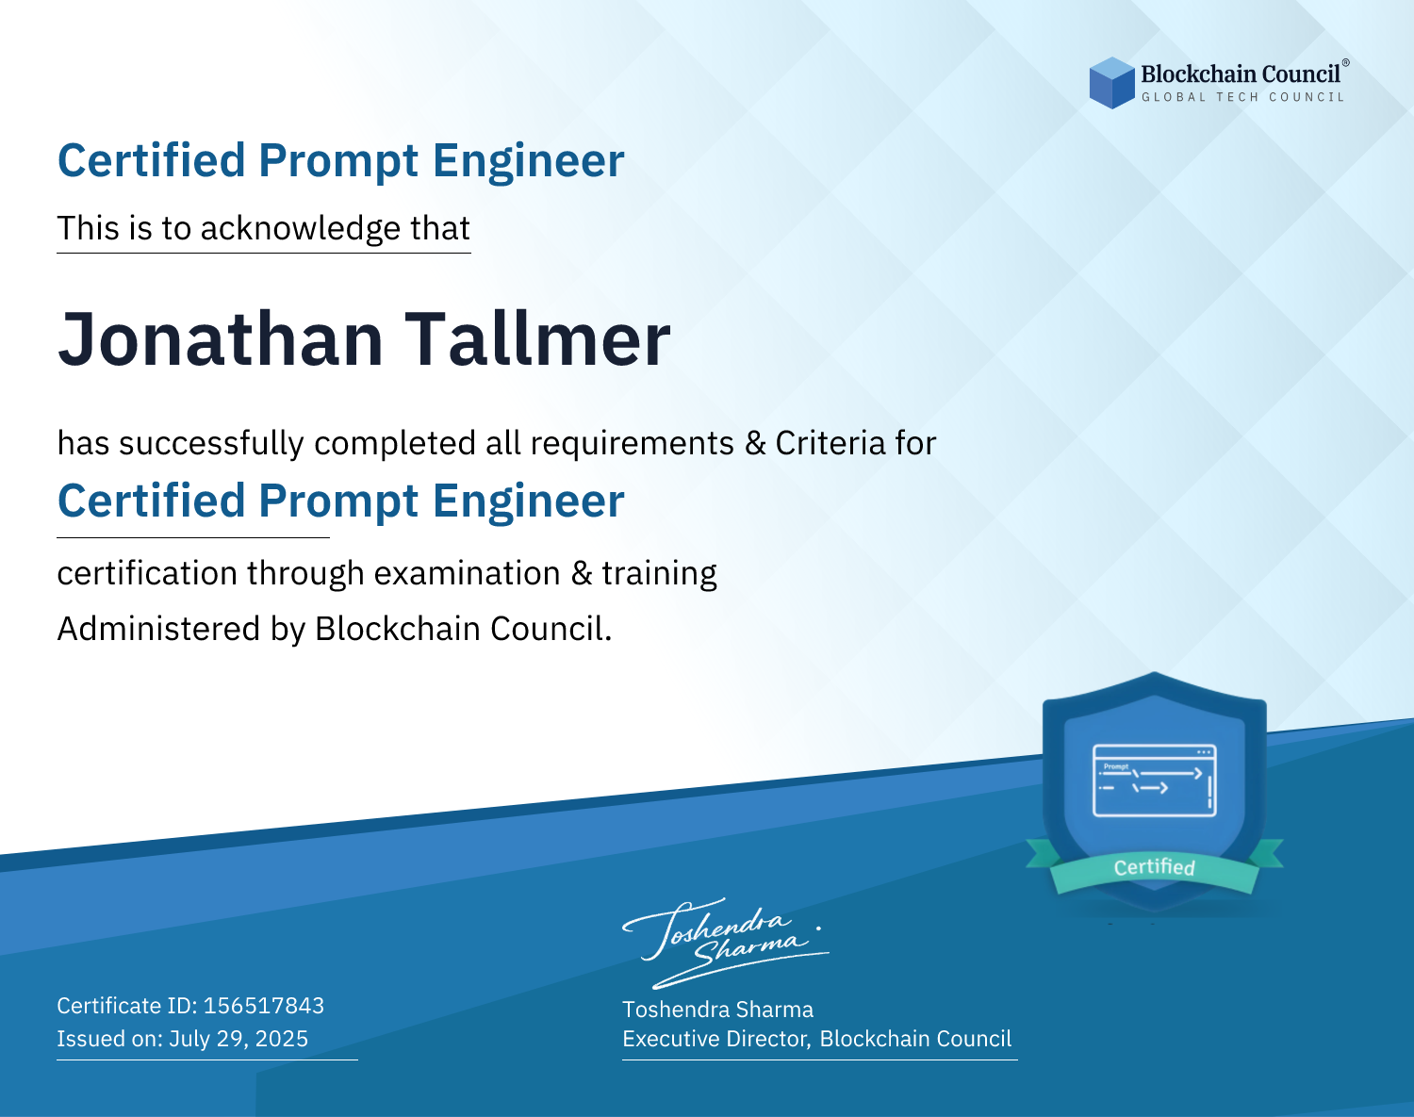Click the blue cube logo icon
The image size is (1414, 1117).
pos(1111,83)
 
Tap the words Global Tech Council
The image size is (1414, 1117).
pos(1243,97)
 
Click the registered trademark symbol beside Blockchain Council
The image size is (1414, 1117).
pos(1346,63)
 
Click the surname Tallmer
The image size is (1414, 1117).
pos(537,339)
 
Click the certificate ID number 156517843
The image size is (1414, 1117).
pos(264,1005)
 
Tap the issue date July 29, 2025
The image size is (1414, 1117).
pos(238,1038)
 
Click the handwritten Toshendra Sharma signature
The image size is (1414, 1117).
pos(726,944)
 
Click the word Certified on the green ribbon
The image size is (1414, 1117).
pos(1155,867)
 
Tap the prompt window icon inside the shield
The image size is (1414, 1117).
pos(1155,780)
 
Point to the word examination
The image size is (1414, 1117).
pos(468,573)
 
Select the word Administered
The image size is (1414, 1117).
pos(159,629)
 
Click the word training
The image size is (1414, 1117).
pos(660,574)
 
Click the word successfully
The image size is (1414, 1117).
pos(211,444)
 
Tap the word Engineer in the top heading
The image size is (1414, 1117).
pos(528,161)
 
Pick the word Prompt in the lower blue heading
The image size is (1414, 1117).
pos(338,502)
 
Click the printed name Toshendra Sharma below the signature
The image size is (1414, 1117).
pos(718,1010)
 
